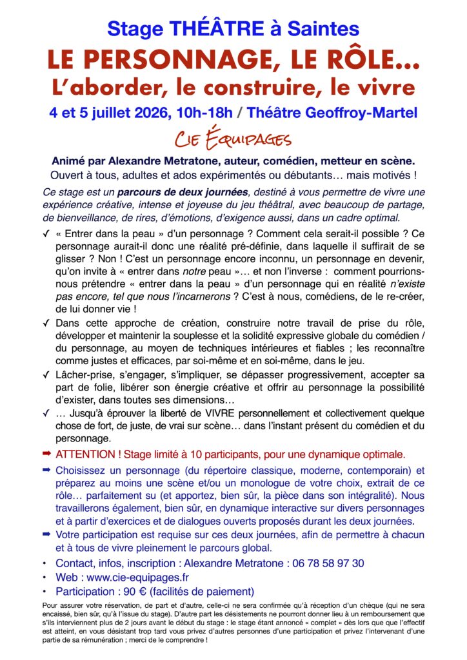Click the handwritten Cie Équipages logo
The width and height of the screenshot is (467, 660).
click(234, 139)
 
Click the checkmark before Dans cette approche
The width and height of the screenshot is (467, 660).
click(46, 323)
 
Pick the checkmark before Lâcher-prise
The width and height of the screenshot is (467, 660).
click(46, 374)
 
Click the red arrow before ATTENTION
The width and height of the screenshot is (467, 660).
click(46, 453)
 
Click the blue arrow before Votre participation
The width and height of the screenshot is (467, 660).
click(46, 534)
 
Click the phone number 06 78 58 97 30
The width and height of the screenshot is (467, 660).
click(328, 563)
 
